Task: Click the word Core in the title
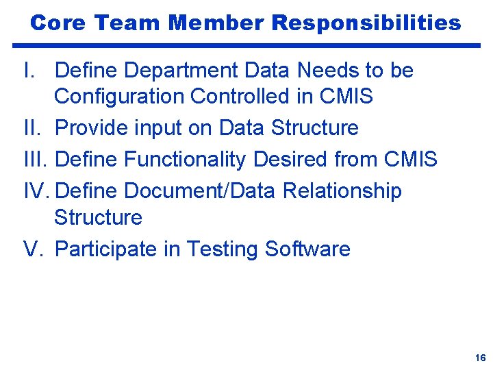point(58,23)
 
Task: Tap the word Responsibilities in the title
point(366,23)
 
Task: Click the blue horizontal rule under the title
point(246,46)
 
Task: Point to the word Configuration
point(119,97)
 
